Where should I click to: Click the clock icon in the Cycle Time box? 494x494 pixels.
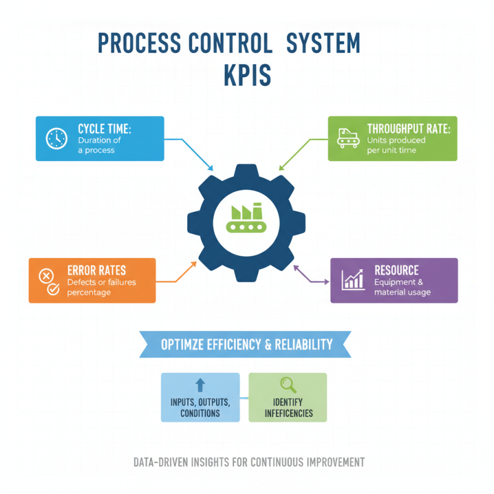57,138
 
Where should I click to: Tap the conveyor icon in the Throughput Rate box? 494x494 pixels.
347,138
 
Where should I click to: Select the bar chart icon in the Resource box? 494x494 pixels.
354,280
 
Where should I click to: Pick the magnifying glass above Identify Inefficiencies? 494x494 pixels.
288,385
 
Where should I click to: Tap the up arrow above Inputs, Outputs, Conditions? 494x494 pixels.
200,385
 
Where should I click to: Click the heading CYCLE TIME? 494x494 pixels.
104,128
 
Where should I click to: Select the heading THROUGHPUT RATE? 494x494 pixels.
409,128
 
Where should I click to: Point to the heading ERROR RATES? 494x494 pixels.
96,270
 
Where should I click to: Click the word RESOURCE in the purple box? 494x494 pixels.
396,270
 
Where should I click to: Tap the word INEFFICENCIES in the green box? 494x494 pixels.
288,413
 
